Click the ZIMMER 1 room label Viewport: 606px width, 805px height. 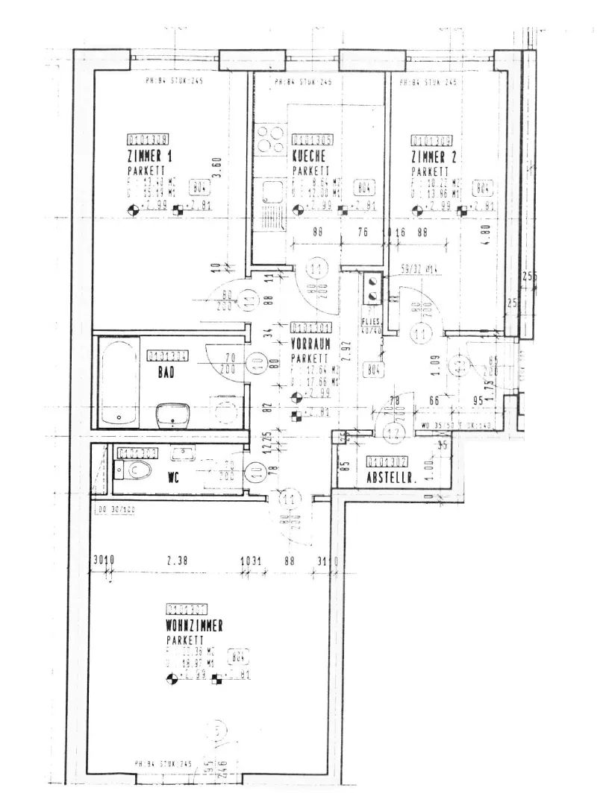coord(149,157)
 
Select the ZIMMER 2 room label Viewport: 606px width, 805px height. coord(433,157)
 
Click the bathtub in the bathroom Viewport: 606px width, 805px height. coord(119,382)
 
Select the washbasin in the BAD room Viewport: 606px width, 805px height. coord(173,414)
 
